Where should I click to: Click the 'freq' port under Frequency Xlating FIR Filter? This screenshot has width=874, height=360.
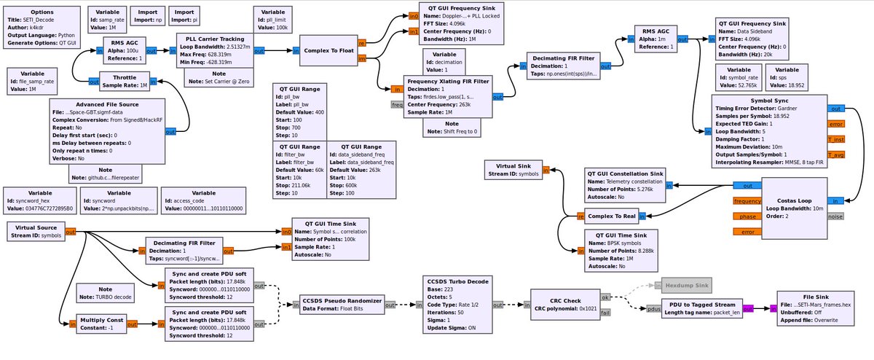[397, 105]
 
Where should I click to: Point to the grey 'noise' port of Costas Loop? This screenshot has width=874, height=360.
[836, 216]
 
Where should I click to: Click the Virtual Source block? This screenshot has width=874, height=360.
[36, 232]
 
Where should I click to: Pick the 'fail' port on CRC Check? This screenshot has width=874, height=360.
[605, 313]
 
